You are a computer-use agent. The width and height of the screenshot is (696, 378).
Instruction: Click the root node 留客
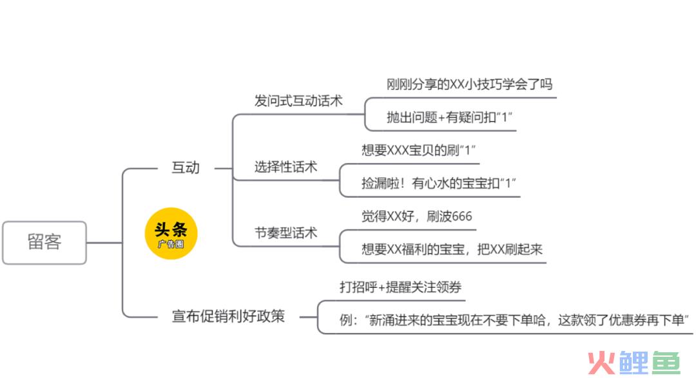click(44, 243)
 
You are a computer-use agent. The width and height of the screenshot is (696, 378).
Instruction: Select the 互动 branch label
click(186, 167)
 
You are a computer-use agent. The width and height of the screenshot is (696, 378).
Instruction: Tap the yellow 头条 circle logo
click(171, 233)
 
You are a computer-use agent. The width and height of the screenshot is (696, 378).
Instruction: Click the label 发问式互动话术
click(298, 100)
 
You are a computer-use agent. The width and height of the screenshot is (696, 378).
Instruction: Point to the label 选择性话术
click(285, 167)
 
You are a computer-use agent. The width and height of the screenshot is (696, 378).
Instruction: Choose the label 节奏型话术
click(285, 232)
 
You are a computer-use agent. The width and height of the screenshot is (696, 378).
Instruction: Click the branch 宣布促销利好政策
click(228, 316)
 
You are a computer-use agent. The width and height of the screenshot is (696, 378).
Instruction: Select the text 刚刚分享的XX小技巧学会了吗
click(469, 84)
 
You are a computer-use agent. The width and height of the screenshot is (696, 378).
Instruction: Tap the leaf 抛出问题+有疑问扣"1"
click(449, 117)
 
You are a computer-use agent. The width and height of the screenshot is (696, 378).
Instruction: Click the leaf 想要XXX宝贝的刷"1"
click(418, 150)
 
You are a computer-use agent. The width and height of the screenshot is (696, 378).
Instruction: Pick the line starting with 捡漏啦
click(439, 183)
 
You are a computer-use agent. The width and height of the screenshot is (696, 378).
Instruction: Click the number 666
click(461, 216)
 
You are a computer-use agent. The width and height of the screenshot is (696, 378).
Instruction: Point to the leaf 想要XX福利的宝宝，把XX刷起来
click(452, 249)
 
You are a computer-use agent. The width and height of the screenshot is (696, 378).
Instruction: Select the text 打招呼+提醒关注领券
click(400, 287)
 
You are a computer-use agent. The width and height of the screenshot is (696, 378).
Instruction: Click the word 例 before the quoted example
click(346, 320)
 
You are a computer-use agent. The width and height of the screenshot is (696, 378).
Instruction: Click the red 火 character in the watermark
click(602, 363)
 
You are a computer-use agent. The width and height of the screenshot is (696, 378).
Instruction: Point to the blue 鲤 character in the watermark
click(634, 363)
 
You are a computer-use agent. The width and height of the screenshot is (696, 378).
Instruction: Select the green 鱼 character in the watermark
click(665, 363)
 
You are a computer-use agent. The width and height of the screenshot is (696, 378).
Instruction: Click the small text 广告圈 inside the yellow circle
click(171, 244)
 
